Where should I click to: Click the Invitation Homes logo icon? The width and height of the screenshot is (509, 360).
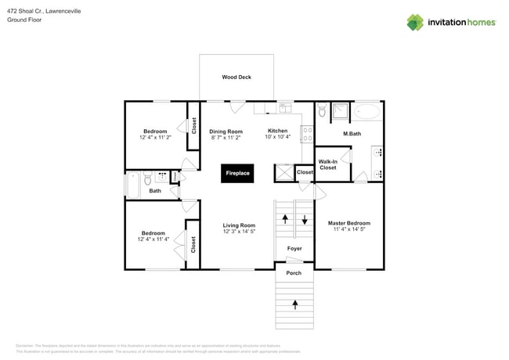[x=414, y=22]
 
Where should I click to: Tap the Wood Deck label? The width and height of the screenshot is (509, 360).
[x=236, y=77]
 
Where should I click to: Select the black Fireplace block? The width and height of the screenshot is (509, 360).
[x=237, y=173]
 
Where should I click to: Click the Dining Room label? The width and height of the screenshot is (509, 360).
[x=226, y=131]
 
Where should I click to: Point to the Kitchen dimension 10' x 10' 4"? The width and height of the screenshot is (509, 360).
[x=277, y=138]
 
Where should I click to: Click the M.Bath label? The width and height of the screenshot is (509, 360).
[x=352, y=134]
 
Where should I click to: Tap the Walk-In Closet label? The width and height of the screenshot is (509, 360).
[x=327, y=164]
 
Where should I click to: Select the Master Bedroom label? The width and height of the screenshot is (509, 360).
[x=348, y=223]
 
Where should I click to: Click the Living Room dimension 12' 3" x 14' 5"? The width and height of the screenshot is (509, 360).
[x=239, y=232]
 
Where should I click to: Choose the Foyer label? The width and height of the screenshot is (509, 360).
[x=294, y=248]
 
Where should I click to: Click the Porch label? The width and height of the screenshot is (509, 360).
[x=294, y=273]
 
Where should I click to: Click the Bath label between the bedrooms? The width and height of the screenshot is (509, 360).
[x=155, y=190]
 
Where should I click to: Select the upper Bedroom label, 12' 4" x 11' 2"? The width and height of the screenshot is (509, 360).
[x=154, y=131]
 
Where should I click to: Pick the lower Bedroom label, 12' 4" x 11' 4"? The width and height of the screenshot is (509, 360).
[x=153, y=233]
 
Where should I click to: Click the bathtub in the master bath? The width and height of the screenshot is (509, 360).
[x=366, y=112]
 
